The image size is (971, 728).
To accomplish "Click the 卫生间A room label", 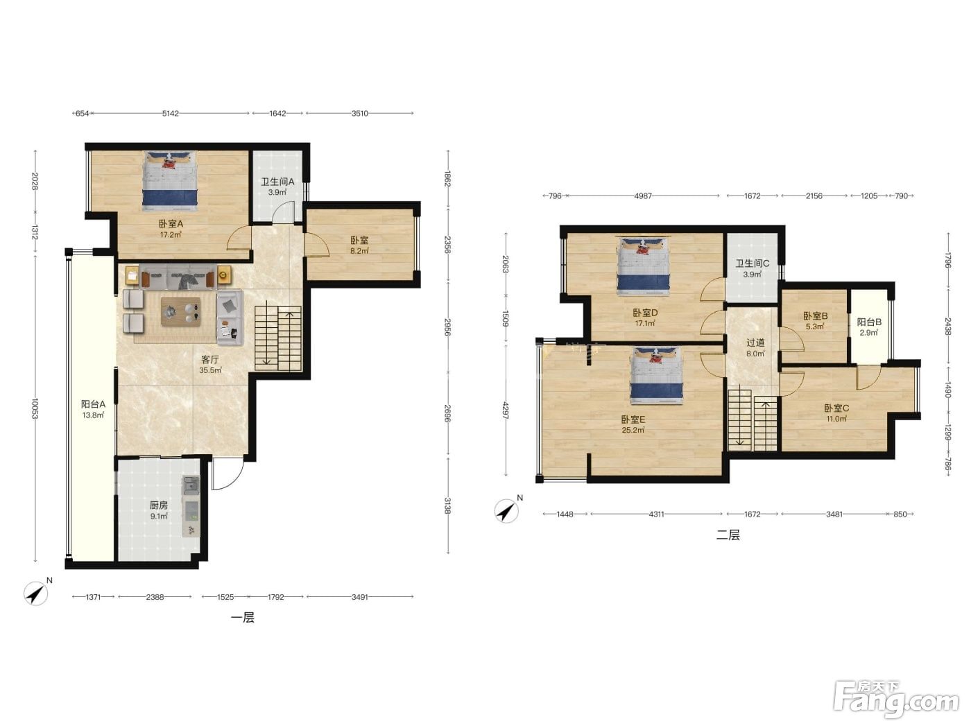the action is (x=277, y=182).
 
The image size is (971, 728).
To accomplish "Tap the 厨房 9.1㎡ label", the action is (x=158, y=510).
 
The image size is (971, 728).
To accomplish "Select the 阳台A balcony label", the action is (x=93, y=404).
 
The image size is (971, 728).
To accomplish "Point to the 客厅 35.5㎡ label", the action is (x=210, y=365).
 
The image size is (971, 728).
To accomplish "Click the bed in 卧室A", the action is (x=170, y=181).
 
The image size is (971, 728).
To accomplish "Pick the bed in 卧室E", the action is (x=657, y=375).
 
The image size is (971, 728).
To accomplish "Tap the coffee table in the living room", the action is (x=180, y=311).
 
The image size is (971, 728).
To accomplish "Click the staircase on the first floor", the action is (x=278, y=338).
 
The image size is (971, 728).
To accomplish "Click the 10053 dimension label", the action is (x=35, y=408).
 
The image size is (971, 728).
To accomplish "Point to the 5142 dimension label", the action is (x=171, y=114).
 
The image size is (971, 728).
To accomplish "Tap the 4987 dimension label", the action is (x=643, y=196).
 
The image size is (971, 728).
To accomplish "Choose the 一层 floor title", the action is (x=243, y=618).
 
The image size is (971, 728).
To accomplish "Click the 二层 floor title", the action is (x=728, y=535).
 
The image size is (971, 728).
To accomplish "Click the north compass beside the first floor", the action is (x=36, y=593).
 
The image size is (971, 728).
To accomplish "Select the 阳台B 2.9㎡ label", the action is (x=869, y=327).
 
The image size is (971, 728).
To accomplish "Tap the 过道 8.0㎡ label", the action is (x=755, y=348).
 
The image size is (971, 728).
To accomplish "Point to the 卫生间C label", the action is (x=752, y=263).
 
